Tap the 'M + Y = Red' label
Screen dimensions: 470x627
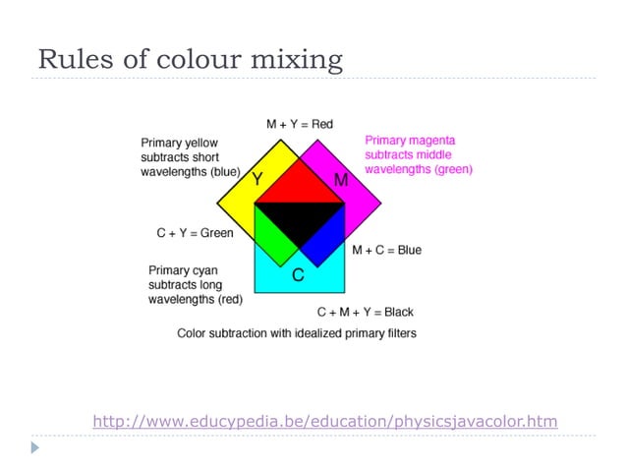pyautogui.click(x=299, y=124)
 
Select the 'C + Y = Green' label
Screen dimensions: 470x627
pyautogui.click(x=195, y=233)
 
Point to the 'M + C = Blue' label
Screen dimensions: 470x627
pyautogui.click(x=386, y=250)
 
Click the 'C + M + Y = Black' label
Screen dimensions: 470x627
pyautogui.click(x=365, y=312)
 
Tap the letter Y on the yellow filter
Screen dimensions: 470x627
pyautogui.click(x=257, y=179)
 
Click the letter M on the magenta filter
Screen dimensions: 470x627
pyautogui.click(x=341, y=180)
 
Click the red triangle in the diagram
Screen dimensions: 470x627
pyautogui.click(x=299, y=185)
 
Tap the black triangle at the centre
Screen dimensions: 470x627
pyautogui.click(x=299, y=221)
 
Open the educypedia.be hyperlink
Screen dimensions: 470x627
pyautogui.click(x=324, y=422)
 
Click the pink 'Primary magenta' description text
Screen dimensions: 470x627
pyautogui.click(x=418, y=155)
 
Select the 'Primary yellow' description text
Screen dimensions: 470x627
pyautogui.click(x=191, y=157)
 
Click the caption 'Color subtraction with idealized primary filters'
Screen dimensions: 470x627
pyautogui.click(x=296, y=333)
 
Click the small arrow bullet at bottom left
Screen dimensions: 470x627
pyautogui.click(x=35, y=447)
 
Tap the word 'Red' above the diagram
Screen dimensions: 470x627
pyautogui.click(x=322, y=124)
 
